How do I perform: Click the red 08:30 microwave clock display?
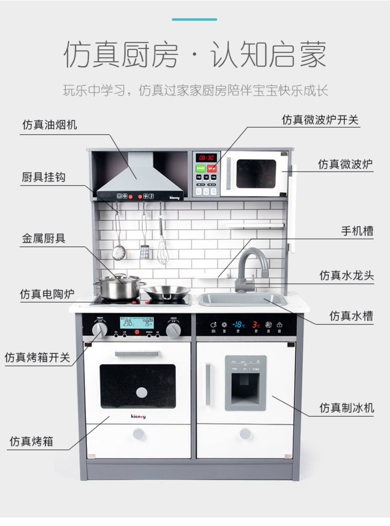point(206,157)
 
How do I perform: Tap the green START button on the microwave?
point(200,168)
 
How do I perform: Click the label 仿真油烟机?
point(49,125)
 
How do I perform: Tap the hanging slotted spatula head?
point(145,252)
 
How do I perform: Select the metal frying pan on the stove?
point(167,292)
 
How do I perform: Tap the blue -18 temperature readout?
point(238,324)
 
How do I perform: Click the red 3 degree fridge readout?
point(256,324)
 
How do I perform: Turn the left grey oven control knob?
point(100,330)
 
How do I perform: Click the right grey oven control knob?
point(173,330)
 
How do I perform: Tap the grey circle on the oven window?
point(141,392)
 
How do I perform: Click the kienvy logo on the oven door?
point(138,416)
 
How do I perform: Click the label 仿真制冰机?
point(346,408)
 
